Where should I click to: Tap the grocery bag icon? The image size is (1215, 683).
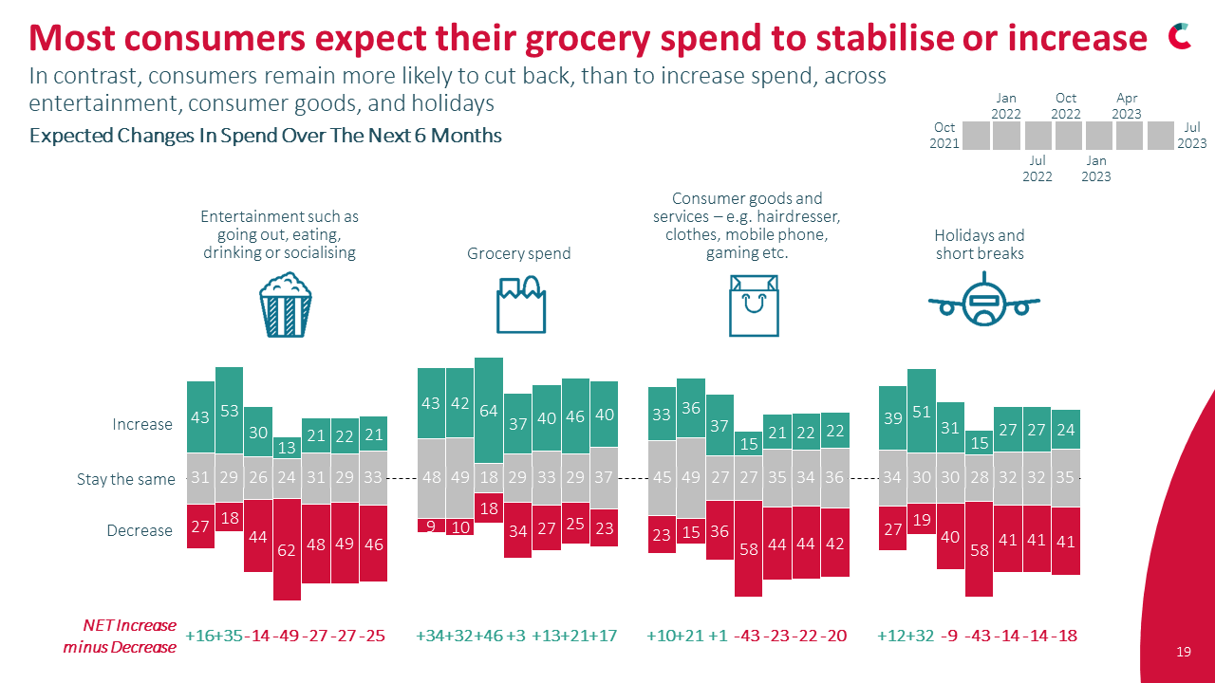coord(521,304)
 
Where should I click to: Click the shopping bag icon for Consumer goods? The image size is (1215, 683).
coord(754,305)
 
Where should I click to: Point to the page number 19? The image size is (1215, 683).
coord(1183,652)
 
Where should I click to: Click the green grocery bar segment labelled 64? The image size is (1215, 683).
coord(489,410)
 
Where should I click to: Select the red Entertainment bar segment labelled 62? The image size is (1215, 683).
coord(287,550)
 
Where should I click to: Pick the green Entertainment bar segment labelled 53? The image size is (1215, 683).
coord(229,410)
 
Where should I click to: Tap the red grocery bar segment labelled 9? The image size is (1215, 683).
coord(432,526)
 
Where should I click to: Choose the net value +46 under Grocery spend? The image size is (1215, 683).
coord(488,636)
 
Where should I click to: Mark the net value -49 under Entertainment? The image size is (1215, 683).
coord(286,636)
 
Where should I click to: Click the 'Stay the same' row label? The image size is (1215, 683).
coord(126,479)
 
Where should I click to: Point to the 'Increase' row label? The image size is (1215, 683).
coord(142,424)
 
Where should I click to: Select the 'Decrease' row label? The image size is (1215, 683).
coord(140,530)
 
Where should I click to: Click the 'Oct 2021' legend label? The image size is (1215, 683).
coord(944,136)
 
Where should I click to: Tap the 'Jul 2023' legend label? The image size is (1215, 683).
coord(1192,136)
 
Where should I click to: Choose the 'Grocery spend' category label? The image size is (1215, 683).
coord(519,253)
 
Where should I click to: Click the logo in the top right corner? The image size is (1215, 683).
coord(1180,35)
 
